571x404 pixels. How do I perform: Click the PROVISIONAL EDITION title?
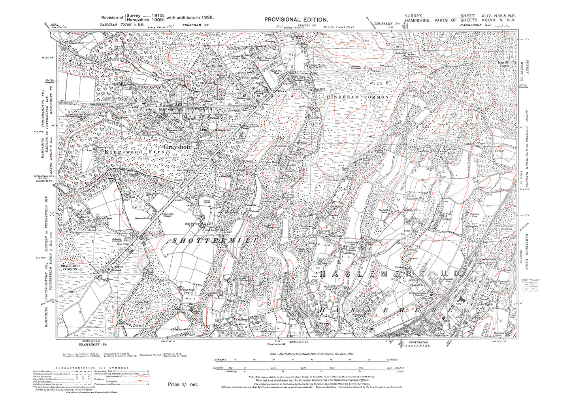(296, 20)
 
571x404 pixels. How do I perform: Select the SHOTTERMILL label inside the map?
(215, 240)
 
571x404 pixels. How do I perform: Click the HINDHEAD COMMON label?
(358, 97)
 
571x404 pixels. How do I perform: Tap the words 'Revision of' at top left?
(112, 18)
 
